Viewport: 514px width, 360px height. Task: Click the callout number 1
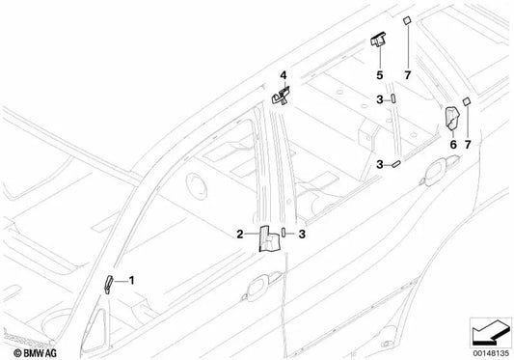[132, 279]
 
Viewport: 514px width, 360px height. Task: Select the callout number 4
[284, 74]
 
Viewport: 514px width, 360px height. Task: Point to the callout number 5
[379, 74]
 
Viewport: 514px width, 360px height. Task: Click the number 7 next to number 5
[408, 74]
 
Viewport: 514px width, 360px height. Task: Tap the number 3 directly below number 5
[380, 98]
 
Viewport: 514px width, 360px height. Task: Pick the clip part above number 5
[377, 41]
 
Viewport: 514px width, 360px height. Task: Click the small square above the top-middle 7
[408, 18]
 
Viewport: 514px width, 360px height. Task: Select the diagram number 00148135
[488, 352]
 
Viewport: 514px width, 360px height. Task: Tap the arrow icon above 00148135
[487, 329]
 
